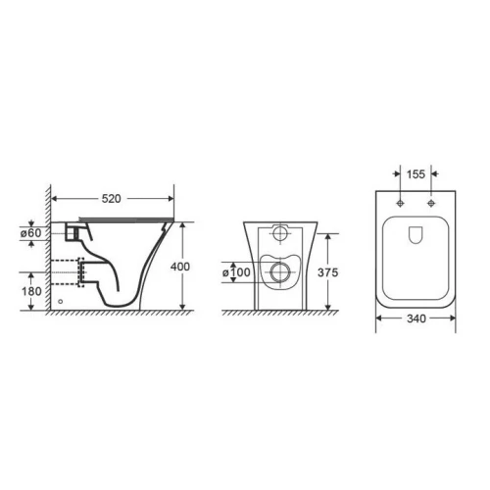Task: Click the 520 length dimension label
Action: [111, 199]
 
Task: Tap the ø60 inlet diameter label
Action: [31, 233]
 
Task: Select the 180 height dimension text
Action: [31, 291]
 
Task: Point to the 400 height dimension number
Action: [180, 267]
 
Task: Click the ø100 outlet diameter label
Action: [236, 272]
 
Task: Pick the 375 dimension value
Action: [328, 272]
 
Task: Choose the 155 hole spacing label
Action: [416, 174]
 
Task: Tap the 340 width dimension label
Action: [416, 318]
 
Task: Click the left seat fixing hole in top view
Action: [400, 203]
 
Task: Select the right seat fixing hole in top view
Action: [431, 203]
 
